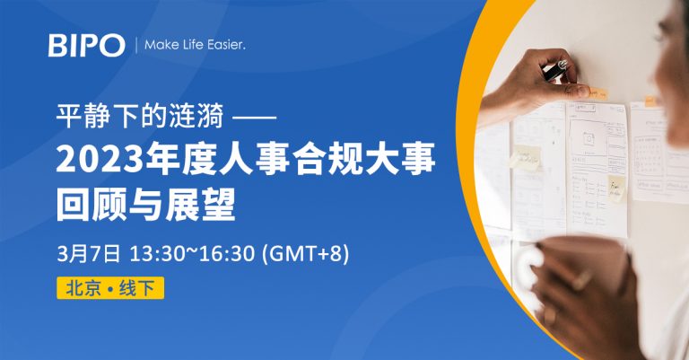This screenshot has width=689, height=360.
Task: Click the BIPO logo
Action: pos(86,45)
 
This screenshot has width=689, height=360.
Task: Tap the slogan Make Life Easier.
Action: pos(195,45)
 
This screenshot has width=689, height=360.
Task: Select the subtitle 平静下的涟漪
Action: pos(140,116)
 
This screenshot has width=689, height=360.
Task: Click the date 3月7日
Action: pos(88,254)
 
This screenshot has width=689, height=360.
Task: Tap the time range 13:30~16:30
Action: pos(192,254)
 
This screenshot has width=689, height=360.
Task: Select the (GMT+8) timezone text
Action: pos(305,254)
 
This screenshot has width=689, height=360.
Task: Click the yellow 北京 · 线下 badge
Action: pos(110,288)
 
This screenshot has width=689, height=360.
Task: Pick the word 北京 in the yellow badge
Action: pos(83,288)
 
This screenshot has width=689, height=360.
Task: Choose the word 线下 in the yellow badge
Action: pos(136,288)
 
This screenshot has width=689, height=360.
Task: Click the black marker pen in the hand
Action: pos(555,70)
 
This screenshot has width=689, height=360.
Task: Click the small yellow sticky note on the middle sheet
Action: pos(616,189)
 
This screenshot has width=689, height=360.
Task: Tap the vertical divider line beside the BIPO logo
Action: pos(135,45)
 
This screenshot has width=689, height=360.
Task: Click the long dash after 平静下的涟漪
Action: pos(254,118)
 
